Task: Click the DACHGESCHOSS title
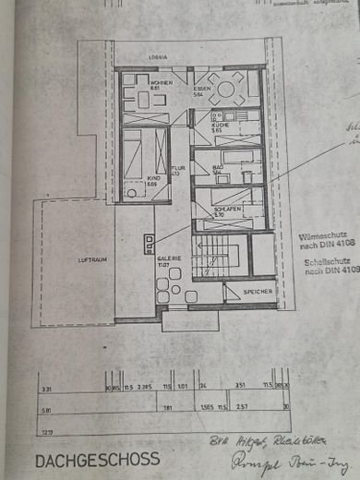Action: pyautogui.click(x=97, y=459)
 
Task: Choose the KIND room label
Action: pyautogui.click(x=151, y=180)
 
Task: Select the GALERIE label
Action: pyautogui.click(x=168, y=261)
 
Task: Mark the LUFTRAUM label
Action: pyautogui.click(x=92, y=260)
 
